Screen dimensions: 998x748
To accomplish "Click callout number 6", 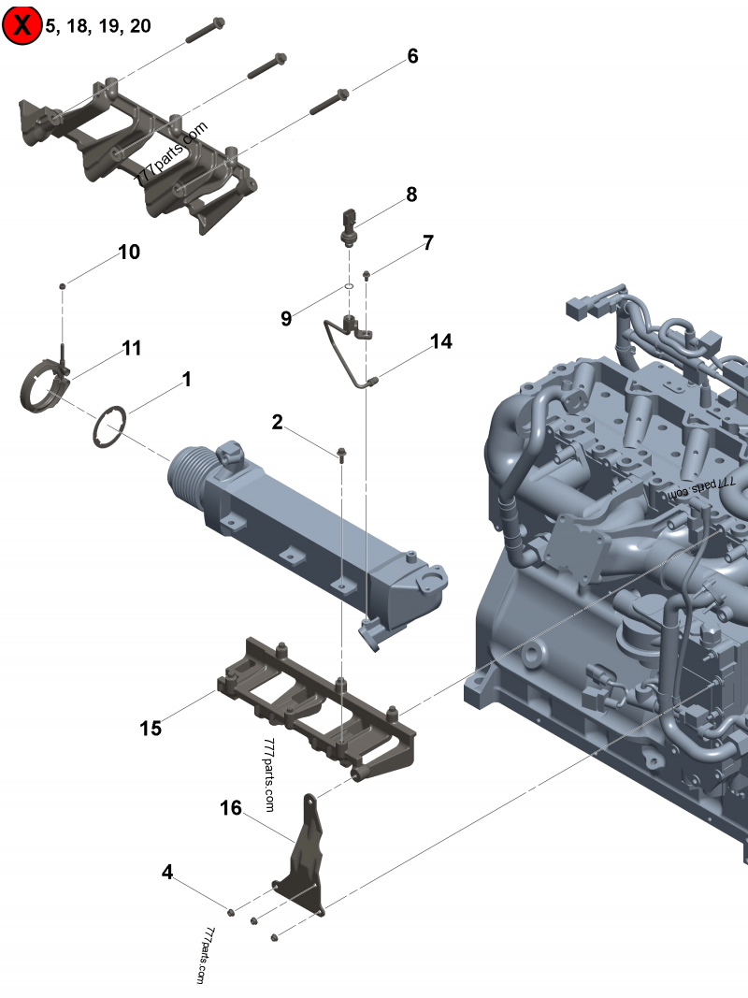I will click(x=412, y=56).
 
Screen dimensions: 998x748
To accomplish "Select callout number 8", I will click(x=411, y=195).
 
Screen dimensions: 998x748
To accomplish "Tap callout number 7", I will click(x=427, y=242).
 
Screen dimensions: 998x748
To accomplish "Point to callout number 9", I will click(x=286, y=319).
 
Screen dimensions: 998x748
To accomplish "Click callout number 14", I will click(x=441, y=341).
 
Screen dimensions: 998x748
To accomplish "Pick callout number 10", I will click(x=128, y=252).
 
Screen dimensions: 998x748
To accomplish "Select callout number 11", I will click(x=131, y=348).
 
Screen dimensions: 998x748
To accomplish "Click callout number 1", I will click(x=186, y=379).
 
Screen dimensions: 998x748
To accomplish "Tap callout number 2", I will click(x=277, y=422).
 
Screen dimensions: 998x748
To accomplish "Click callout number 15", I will click(x=151, y=728).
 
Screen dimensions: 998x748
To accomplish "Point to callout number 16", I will click(x=231, y=806).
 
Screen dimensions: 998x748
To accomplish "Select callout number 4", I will click(x=167, y=872).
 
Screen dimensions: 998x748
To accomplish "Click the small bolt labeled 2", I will click(x=341, y=455).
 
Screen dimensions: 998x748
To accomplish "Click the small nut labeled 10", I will click(x=62, y=282).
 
